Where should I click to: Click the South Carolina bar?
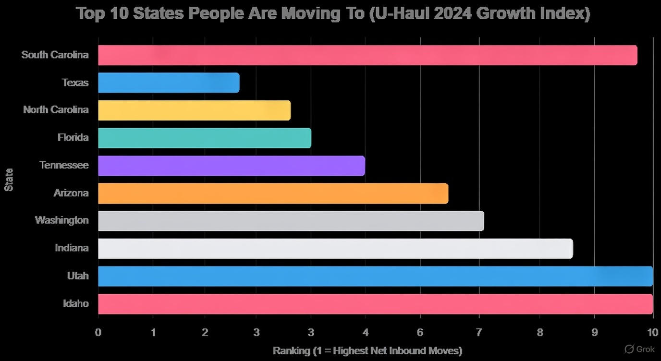(367, 55)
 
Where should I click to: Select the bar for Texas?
(169, 83)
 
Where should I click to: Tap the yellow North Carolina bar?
(194, 110)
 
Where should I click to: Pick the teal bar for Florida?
(205, 138)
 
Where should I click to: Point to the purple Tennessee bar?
(232, 166)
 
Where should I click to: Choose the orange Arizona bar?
(273, 193)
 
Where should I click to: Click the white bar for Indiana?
(335, 249)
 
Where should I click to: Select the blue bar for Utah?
(375, 277)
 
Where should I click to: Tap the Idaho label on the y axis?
(76, 303)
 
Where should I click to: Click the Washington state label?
(61, 220)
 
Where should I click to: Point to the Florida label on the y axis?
(73, 138)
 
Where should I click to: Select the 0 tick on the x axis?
(98, 332)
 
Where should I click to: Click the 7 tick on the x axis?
(479, 332)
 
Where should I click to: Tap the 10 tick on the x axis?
(652, 332)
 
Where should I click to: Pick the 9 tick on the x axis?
(594, 332)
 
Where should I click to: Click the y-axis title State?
(9, 180)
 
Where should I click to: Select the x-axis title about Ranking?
(367, 351)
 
